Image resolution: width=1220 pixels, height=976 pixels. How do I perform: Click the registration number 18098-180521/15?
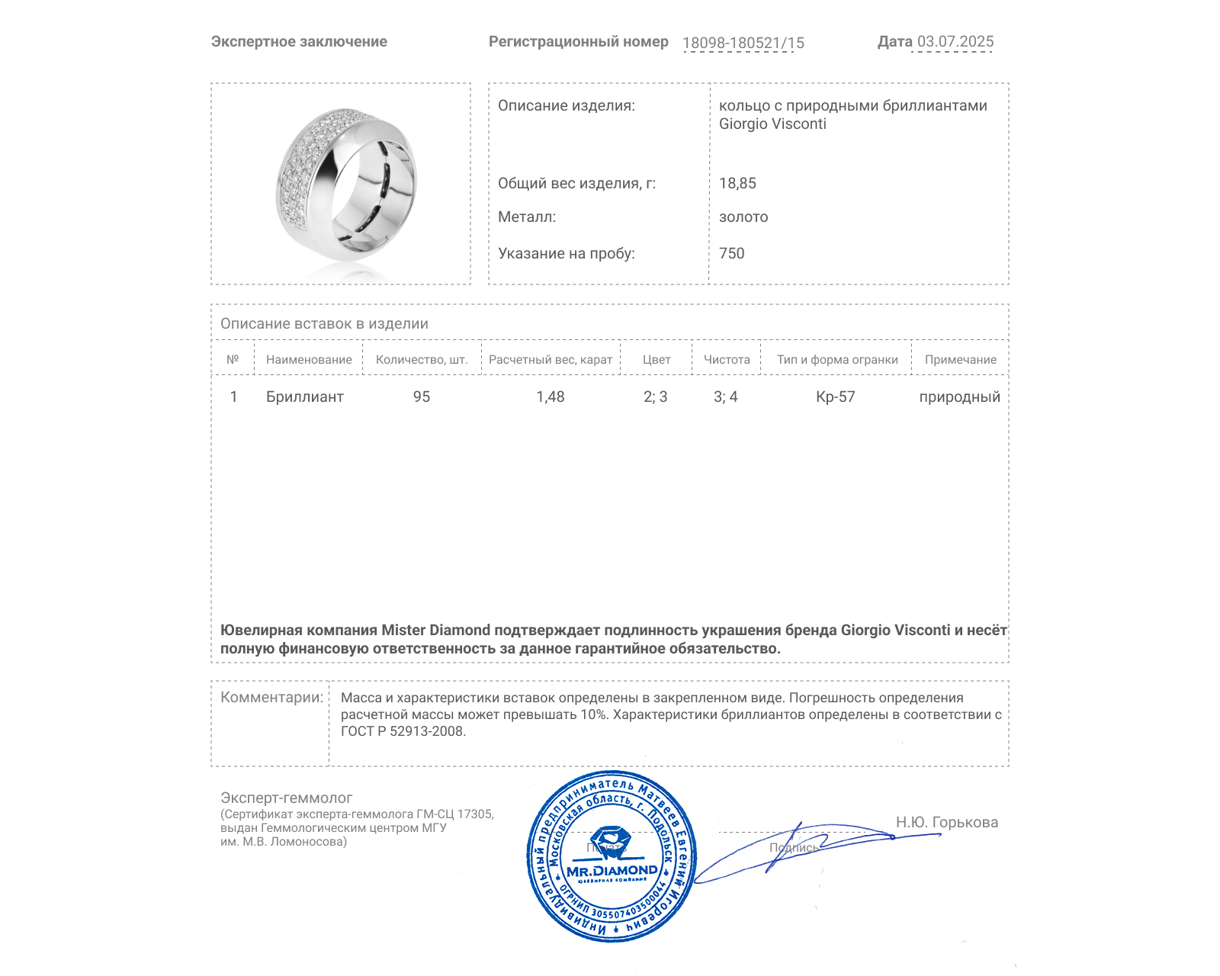[x=743, y=43]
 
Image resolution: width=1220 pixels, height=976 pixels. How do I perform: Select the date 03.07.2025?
[x=955, y=41]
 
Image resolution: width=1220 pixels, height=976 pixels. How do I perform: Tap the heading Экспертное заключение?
[x=299, y=42]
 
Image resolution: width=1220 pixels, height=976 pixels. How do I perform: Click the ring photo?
[x=346, y=185]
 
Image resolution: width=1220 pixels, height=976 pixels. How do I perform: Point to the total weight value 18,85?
[x=737, y=183]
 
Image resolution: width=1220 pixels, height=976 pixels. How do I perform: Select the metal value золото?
[x=743, y=217]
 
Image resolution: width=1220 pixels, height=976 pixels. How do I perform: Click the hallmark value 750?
[x=731, y=253]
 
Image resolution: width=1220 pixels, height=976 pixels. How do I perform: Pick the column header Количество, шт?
[x=422, y=360]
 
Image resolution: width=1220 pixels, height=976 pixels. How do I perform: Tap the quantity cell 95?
[x=422, y=396]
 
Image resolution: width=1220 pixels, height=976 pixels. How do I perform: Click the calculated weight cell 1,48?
[x=551, y=396]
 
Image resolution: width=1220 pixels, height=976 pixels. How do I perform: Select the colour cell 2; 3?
[x=655, y=396]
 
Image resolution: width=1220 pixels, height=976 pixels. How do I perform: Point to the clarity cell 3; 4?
[x=725, y=396]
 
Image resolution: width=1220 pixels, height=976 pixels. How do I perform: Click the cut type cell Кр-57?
[x=835, y=396]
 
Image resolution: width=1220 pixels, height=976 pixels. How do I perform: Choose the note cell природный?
[x=959, y=396]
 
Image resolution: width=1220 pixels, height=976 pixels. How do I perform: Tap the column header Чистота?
[x=727, y=360]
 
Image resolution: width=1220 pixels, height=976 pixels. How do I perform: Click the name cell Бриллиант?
[x=304, y=396]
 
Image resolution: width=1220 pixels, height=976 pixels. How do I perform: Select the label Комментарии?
[x=271, y=697]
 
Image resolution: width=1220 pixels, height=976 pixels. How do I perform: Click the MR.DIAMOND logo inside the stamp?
[x=612, y=870]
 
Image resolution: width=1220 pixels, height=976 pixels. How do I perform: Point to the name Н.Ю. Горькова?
[x=946, y=822]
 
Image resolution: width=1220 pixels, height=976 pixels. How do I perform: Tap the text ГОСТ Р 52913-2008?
[x=403, y=731]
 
